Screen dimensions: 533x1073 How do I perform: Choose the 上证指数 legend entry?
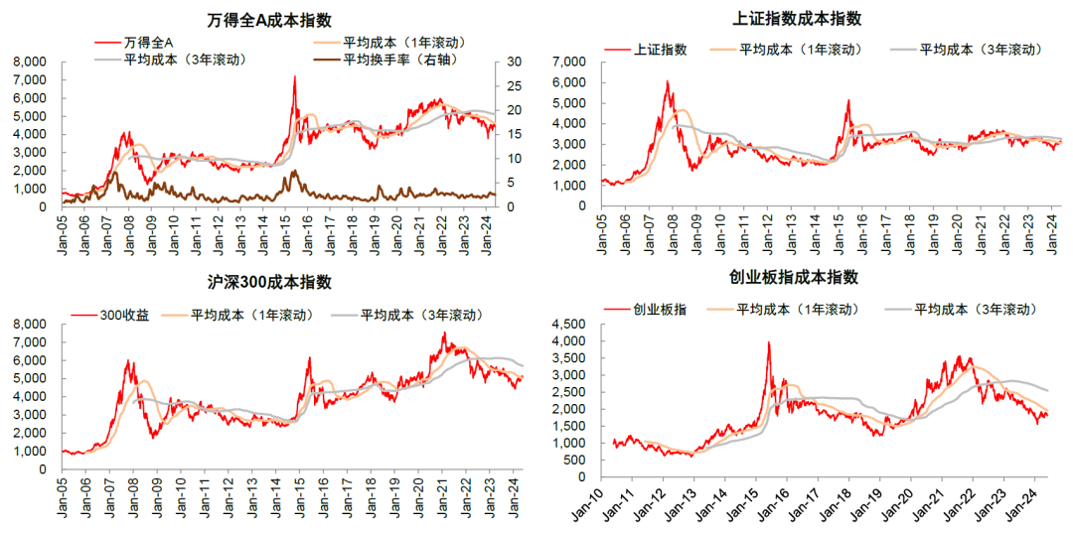click(660, 50)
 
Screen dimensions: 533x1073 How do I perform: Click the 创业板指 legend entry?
click(660, 310)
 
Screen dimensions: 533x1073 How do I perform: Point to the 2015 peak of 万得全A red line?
click(295, 77)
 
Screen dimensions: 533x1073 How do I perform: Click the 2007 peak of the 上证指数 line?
click(667, 81)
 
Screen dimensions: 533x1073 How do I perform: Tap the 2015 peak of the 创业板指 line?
click(768, 343)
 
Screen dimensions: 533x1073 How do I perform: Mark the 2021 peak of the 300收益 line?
click(445, 333)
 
